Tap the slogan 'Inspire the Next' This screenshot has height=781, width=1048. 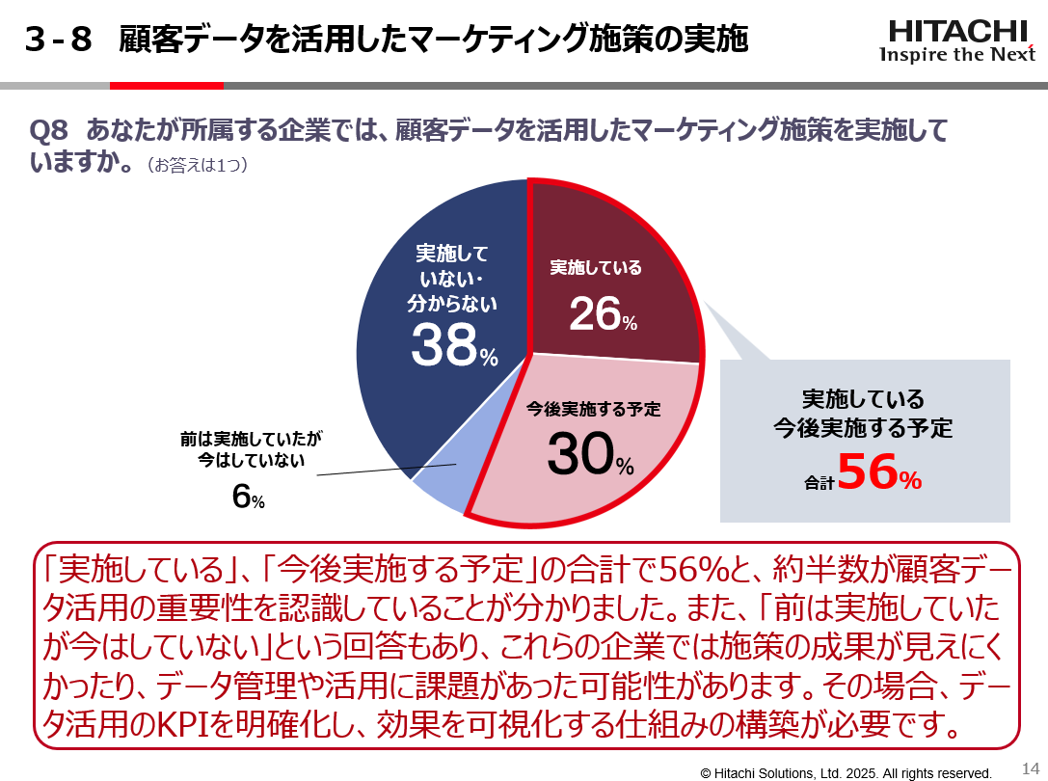coord(956,55)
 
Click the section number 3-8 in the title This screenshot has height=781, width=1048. coord(59,40)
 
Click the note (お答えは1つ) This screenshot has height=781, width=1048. coord(197,166)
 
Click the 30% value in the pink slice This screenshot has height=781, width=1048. coord(589,455)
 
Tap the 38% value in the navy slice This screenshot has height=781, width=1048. coord(453,345)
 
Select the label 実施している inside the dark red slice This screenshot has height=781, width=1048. coord(596,267)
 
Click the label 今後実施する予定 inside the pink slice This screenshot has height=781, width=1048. coord(594,409)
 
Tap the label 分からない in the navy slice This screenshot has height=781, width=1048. coord(452,305)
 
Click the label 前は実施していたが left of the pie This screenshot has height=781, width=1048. coord(251,439)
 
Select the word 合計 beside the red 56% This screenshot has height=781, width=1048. coord(819,483)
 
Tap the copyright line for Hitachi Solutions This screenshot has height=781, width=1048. coord(846,772)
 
